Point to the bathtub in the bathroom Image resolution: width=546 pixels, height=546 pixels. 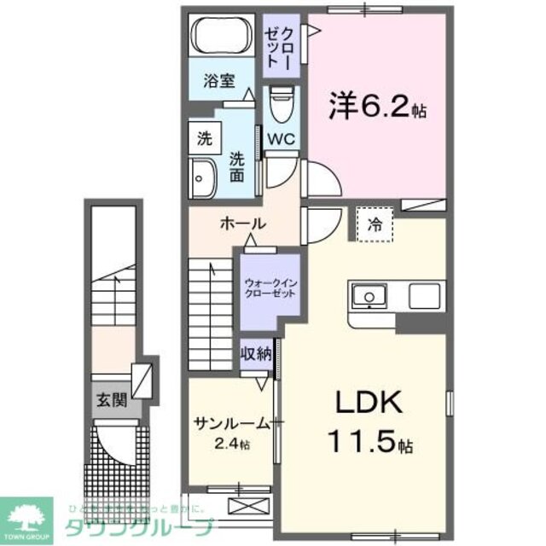point(220,37)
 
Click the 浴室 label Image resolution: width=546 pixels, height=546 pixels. point(218,82)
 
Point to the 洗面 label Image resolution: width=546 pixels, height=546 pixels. point(238,166)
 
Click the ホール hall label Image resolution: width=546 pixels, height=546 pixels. point(243,224)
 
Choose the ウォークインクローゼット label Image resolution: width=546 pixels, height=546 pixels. point(270,288)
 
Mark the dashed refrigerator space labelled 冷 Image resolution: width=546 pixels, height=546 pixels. point(375,225)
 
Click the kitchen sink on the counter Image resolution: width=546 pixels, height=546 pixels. point(370,296)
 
